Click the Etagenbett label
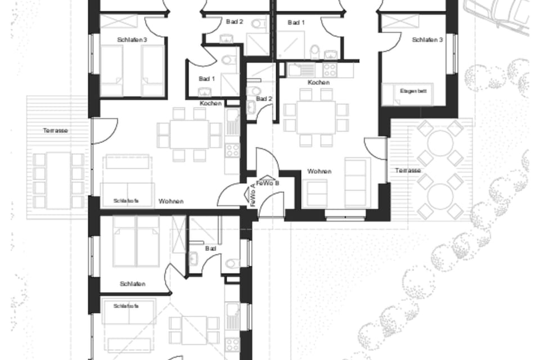[x=410, y=91]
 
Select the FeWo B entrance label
[x=268, y=183]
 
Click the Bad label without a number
[x=211, y=247]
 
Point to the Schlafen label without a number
[x=133, y=284]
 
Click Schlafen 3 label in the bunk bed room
[x=427, y=40]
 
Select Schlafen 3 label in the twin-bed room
[x=133, y=40]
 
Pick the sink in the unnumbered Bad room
[x=193, y=259]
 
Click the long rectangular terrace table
[x=58, y=180]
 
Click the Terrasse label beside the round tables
[x=407, y=170]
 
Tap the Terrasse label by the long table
[x=56, y=130]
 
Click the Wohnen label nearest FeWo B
[x=319, y=171]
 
